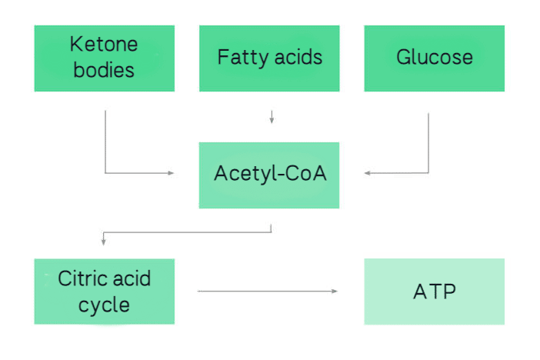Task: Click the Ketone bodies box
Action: point(104,58)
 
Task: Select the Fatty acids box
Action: point(268,58)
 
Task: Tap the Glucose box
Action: point(434,58)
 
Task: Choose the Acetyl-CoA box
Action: point(268,175)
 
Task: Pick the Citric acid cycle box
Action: point(104,291)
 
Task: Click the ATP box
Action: point(434,291)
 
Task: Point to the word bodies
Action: point(104,70)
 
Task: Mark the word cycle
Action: point(104,305)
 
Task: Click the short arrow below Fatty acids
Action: point(271,117)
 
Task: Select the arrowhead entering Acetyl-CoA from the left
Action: point(172,173)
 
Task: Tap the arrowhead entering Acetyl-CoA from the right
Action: point(367,173)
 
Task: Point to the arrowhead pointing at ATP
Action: point(335,291)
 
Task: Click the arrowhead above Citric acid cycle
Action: point(103,243)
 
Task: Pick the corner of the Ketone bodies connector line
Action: point(105,173)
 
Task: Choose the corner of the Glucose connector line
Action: point(428,173)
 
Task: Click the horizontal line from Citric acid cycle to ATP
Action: point(265,291)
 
